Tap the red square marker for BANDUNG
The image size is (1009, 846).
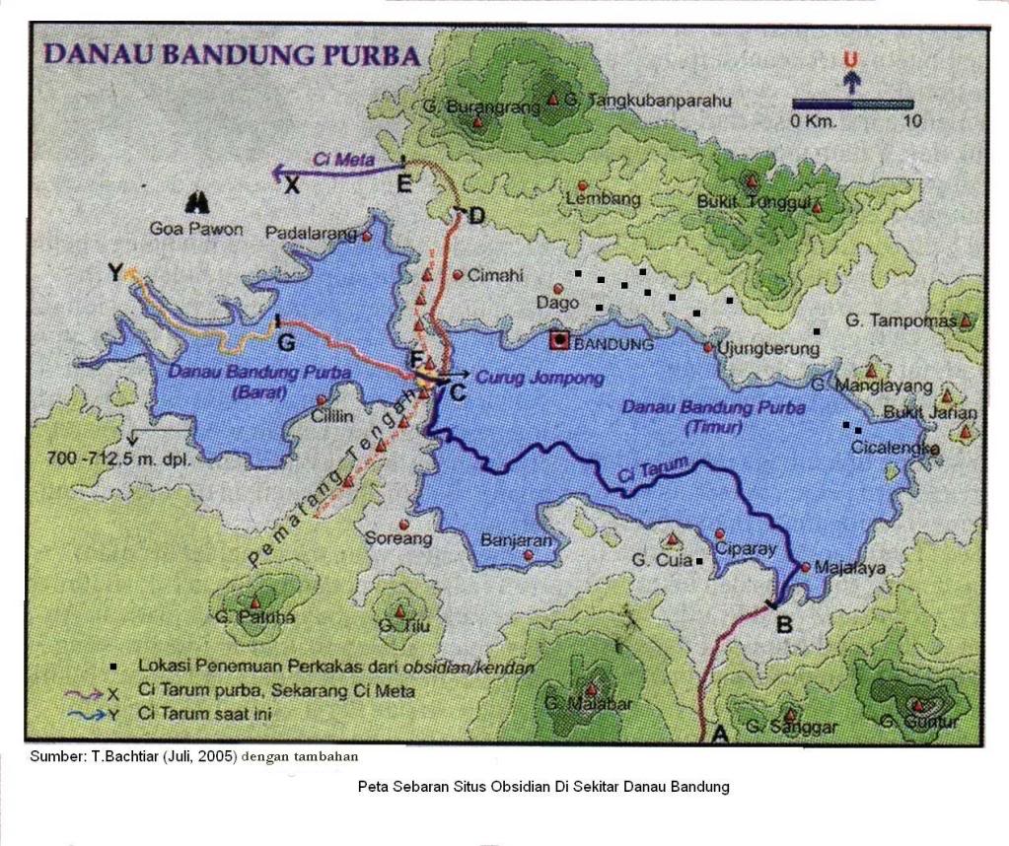560,341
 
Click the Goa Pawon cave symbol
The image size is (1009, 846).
198,202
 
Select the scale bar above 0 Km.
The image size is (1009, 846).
853,104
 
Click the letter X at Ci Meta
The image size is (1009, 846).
291,185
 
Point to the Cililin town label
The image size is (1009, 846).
332,417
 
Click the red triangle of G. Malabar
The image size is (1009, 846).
591,689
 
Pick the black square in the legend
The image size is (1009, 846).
115,668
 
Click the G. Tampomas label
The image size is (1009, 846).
901,321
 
